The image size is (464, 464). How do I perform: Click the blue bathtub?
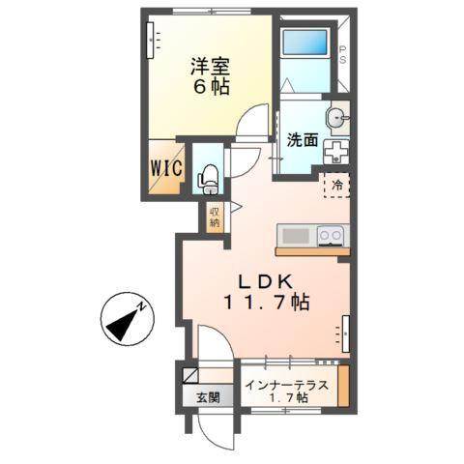304,46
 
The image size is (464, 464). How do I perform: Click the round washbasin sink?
334,117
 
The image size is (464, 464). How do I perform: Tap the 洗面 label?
302,140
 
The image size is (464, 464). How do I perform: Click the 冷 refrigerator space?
337,183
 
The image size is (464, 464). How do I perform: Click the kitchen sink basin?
293,235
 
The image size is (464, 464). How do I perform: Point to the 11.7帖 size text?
263,303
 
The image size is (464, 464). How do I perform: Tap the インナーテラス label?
287,384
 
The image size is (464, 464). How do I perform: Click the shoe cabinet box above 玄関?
193,373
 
